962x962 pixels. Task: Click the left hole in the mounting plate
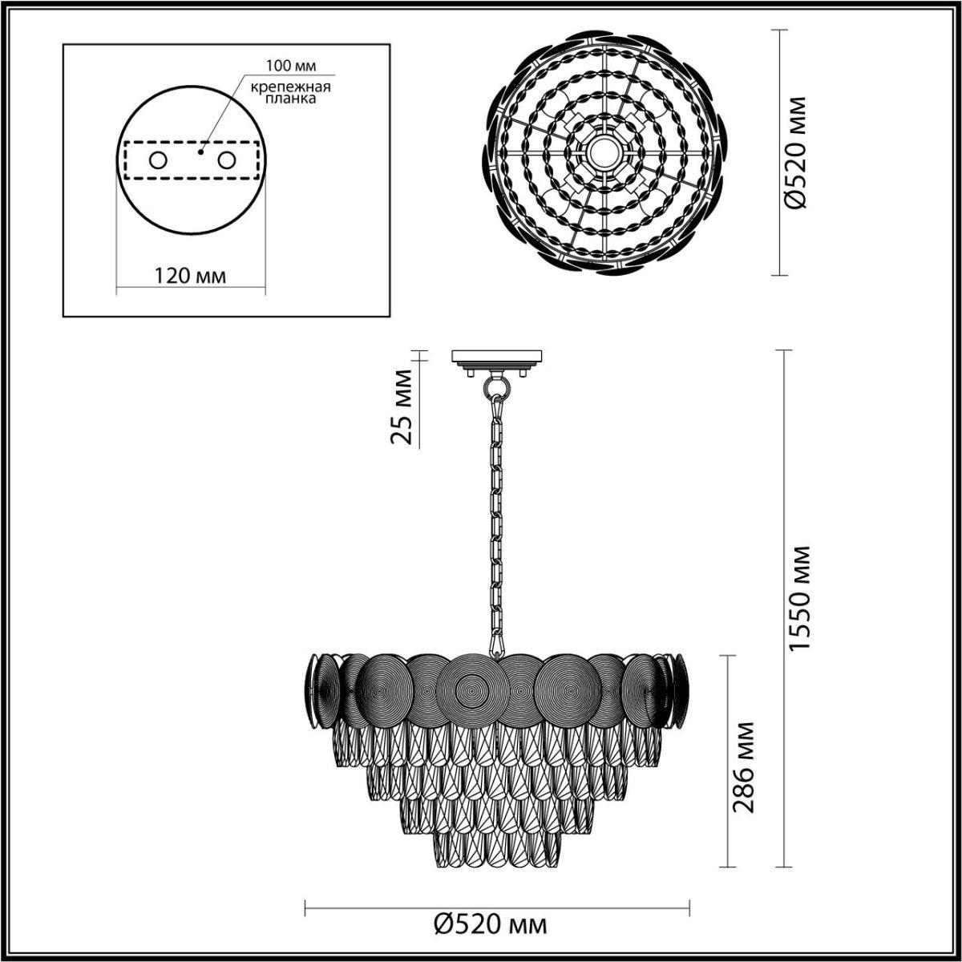coord(157,160)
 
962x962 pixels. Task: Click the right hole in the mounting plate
coord(228,160)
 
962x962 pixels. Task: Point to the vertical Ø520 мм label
coord(798,152)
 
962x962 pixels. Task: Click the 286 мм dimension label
coord(744,766)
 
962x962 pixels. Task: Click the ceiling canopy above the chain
coord(497,358)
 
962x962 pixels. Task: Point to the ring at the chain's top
coord(497,389)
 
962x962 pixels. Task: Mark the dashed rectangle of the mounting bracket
coord(191,160)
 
